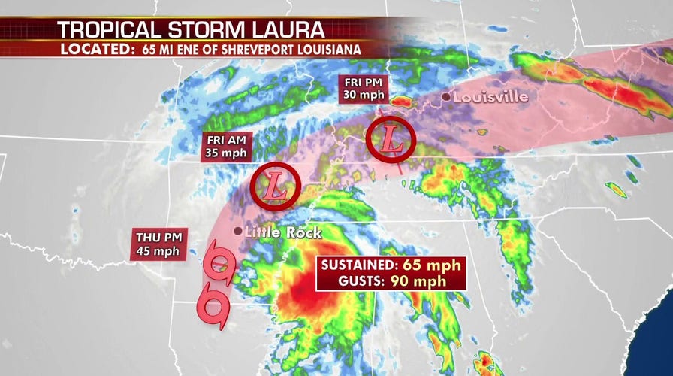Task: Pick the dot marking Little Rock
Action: point(237,231)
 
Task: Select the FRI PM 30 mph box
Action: point(364,89)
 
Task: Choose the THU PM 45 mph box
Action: point(158,245)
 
